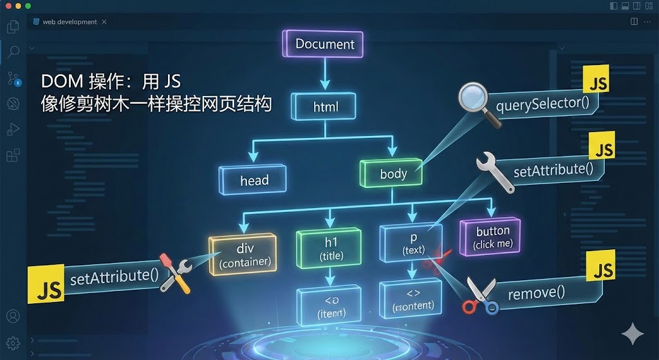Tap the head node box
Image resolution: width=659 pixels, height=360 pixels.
(x=254, y=180)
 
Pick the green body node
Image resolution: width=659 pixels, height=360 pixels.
(x=393, y=173)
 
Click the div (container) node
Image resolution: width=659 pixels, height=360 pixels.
(x=243, y=256)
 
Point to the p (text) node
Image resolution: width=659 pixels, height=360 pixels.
(x=413, y=243)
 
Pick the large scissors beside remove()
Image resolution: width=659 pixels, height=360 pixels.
(x=481, y=295)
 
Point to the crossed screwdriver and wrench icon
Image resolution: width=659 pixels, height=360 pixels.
(x=174, y=272)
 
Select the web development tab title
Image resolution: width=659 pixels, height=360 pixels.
(x=70, y=22)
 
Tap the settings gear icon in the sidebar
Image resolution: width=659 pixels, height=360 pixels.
(x=12, y=343)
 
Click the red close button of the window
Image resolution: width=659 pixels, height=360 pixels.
(x=8, y=6)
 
